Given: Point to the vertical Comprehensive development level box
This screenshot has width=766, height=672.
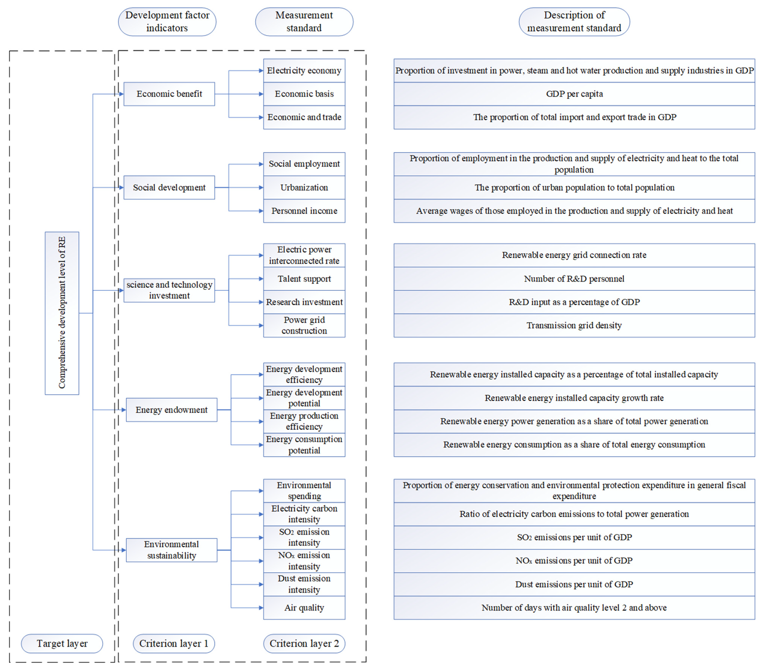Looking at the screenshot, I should [62, 313].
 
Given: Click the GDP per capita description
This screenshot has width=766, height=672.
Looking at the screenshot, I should [574, 94].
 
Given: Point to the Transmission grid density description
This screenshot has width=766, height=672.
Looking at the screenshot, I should [574, 325].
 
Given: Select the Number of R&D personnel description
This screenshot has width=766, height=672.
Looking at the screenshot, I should [574, 279].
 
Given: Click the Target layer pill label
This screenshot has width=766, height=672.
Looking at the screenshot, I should [62, 644].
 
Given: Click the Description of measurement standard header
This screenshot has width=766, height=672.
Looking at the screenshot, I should [574, 22].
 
